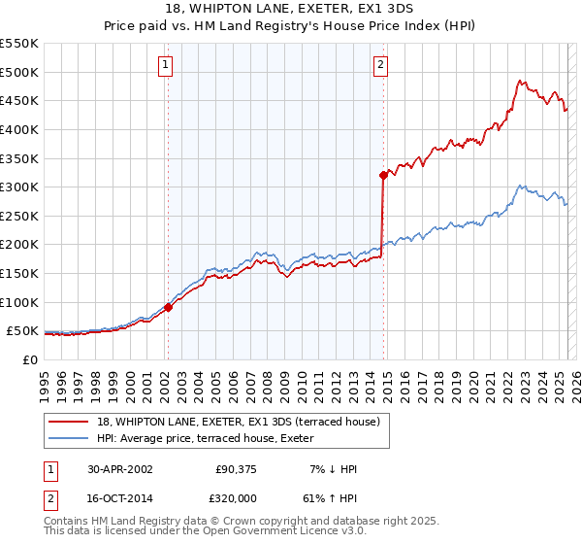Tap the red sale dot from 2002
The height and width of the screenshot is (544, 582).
pos(168,307)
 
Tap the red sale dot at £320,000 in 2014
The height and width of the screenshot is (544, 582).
pos(383,175)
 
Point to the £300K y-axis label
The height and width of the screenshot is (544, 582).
pos(19,187)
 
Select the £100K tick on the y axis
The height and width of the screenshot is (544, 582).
pos(19,302)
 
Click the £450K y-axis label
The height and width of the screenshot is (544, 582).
pos(19,100)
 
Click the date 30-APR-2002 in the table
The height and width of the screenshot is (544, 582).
pos(120,469)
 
